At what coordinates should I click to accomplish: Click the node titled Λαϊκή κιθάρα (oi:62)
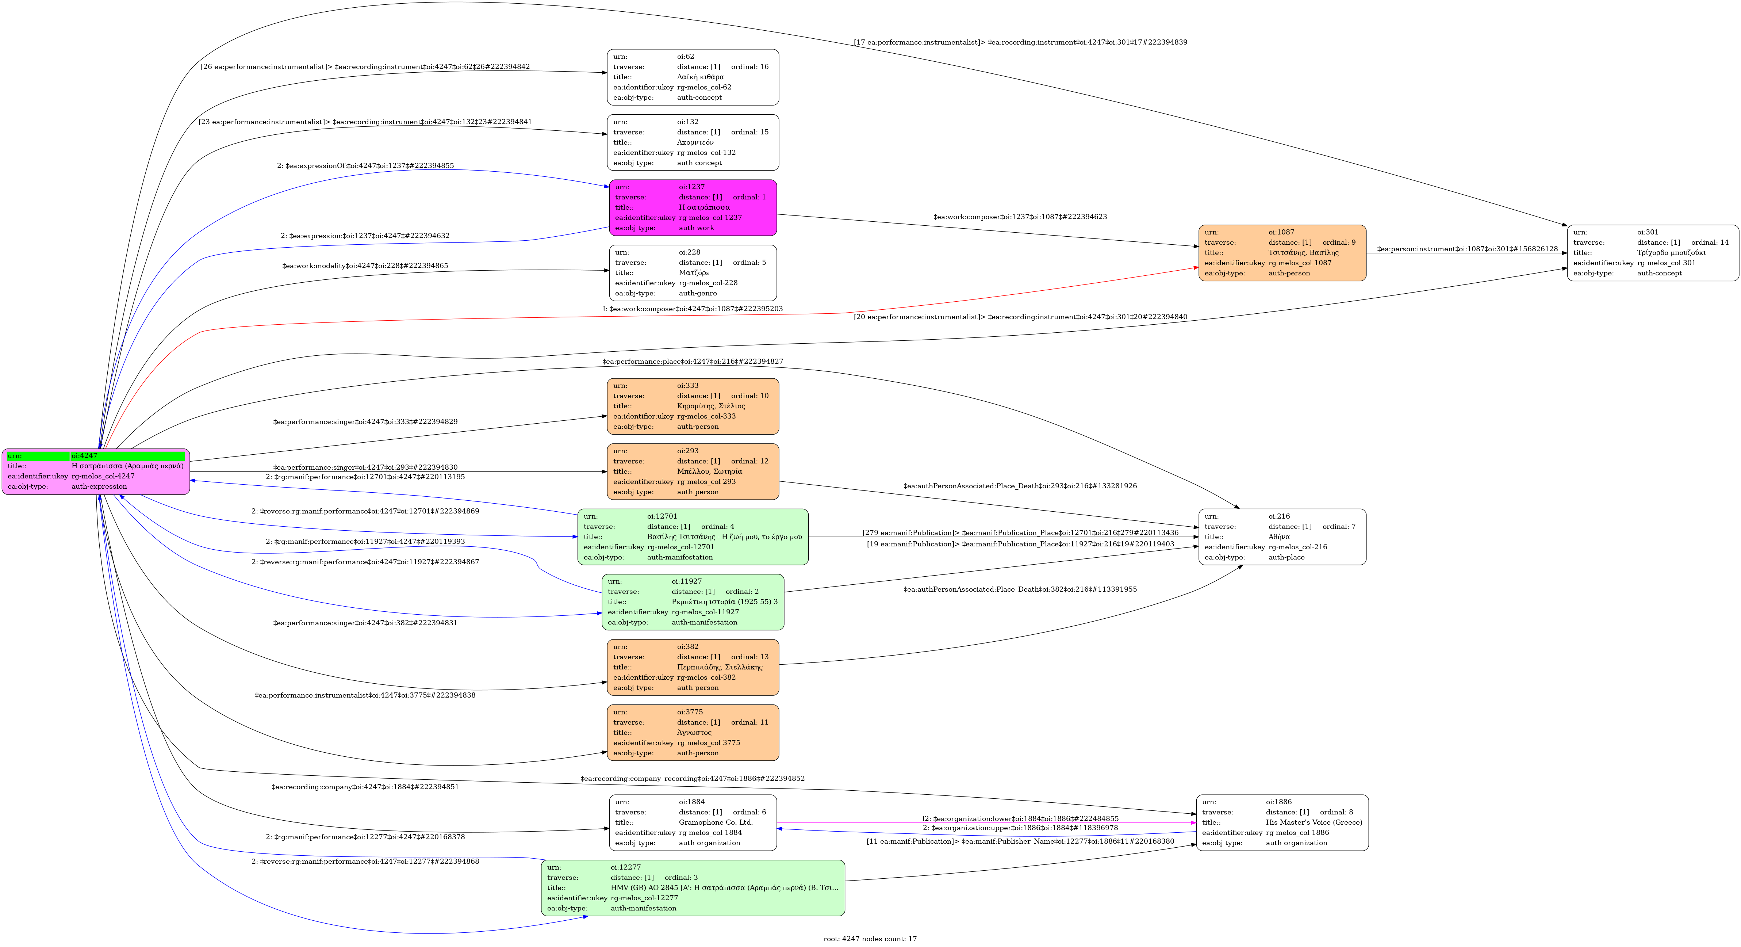click(x=693, y=77)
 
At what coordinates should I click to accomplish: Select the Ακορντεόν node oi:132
click(x=693, y=143)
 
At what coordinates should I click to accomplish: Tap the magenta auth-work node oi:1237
click(x=693, y=207)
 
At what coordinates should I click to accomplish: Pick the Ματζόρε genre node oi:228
click(x=693, y=273)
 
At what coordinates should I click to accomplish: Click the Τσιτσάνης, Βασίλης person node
click(x=1282, y=253)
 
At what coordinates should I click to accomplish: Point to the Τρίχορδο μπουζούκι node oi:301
click(x=1652, y=253)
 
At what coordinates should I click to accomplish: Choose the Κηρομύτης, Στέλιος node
click(x=693, y=406)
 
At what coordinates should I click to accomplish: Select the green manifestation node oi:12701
click(x=693, y=537)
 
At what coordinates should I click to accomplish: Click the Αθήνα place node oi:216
click(x=1282, y=537)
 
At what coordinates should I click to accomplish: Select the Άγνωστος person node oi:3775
click(x=693, y=733)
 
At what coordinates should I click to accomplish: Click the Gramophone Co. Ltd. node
click(x=693, y=822)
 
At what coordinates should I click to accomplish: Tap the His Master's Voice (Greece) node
click(x=1282, y=822)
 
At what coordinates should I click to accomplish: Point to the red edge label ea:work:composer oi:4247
click(x=693, y=309)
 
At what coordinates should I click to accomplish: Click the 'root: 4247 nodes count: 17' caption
click(x=870, y=939)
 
